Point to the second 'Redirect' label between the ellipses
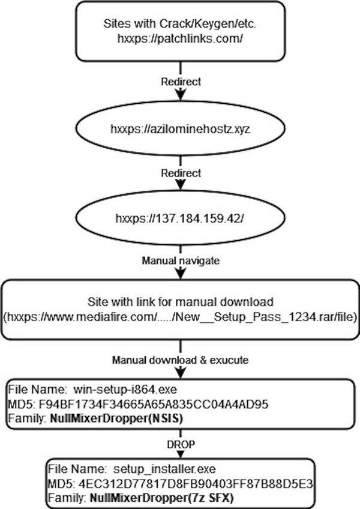pos(180,172)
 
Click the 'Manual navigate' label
pos(180,262)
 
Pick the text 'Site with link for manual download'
pos(180,301)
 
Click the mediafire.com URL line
pos(180,316)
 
